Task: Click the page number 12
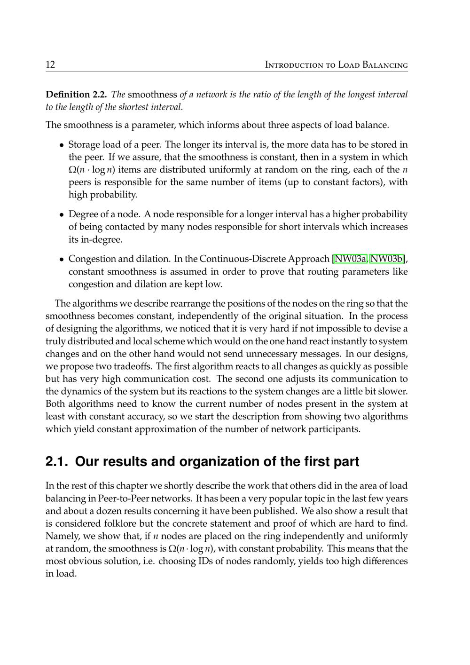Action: click(50, 64)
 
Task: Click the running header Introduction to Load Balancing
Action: click(336, 65)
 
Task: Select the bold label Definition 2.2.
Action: click(76, 95)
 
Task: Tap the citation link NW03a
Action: click(350, 259)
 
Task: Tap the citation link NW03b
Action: click(387, 259)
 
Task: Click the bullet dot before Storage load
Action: click(62, 145)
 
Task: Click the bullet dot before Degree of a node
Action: click(62, 215)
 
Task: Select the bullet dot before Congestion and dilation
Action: click(62, 260)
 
